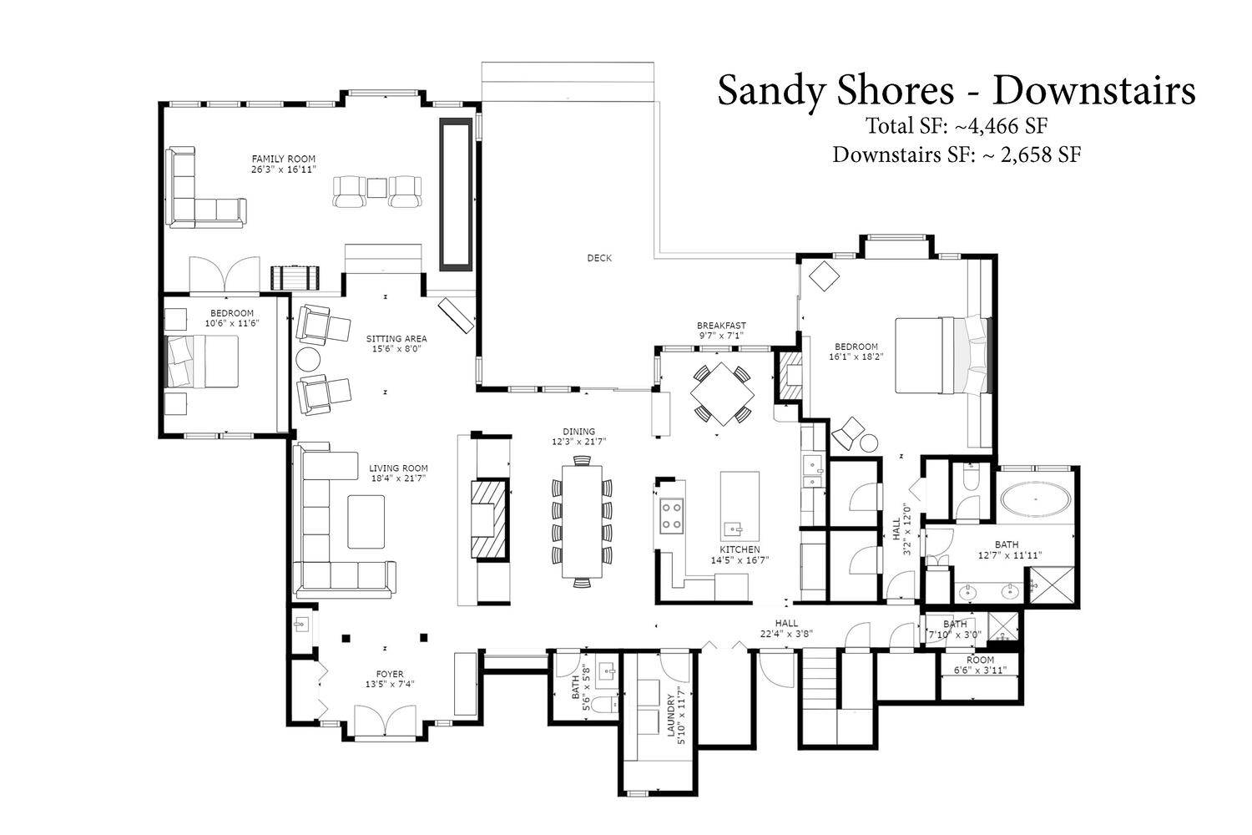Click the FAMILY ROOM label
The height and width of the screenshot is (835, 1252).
click(x=284, y=159)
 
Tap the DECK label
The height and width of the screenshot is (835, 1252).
click(x=599, y=258)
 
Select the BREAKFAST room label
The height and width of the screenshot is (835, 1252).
click(x=721, y=326)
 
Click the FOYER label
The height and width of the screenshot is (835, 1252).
click(x=390, y=675)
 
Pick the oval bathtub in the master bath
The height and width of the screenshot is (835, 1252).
click(x=1035, y=499)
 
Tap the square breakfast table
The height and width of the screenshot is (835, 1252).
click(x=722, y=394)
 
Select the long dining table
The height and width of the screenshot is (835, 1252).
click(x=582, y=521)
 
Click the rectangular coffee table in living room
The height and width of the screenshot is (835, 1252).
click(x=366, y=522)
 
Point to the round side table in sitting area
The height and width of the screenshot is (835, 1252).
click(x=308, y=360)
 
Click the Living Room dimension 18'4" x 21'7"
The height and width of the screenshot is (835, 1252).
click(x=398, y=478)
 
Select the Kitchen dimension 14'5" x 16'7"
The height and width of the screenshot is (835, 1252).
click(x=740, y=559)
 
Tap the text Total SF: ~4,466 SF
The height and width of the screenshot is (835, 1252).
click(x=957, y=126)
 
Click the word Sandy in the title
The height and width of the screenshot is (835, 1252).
click(x=774, y=91)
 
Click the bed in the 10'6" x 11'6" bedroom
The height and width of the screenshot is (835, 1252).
click(x=203, y=362)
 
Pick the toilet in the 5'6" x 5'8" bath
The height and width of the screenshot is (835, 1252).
click(x=604, y=706)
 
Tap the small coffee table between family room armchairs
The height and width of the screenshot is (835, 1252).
click(x=377, y=188)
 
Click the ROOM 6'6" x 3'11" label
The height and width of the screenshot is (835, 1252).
click(x=980, y=665)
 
